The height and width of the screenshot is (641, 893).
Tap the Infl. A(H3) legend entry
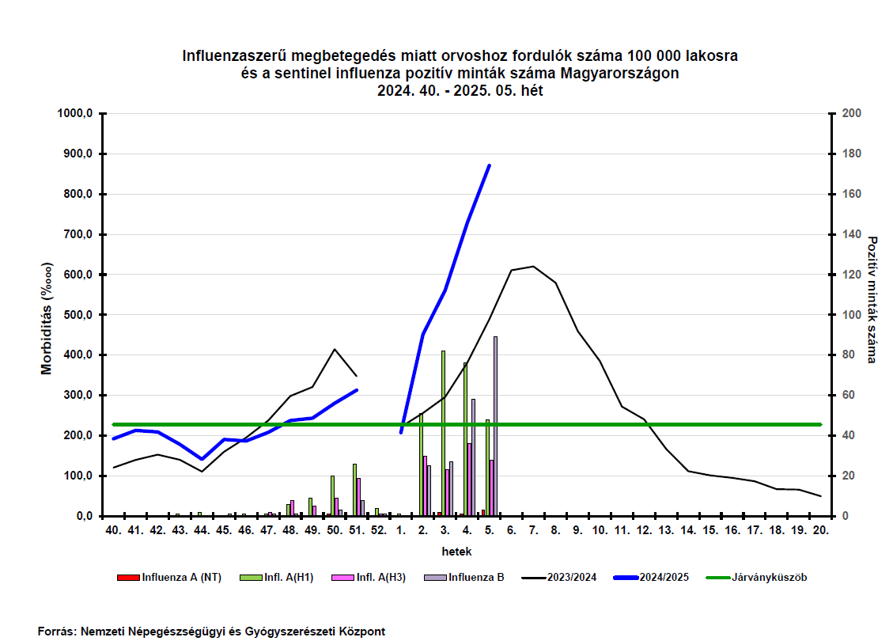pos(380,577)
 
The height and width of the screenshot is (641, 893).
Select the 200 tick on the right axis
pos(851,113)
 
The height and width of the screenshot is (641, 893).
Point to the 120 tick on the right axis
pos(851,275)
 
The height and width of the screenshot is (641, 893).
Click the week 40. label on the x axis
pos(113,531)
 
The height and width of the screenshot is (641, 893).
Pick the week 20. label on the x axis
pos(821,531)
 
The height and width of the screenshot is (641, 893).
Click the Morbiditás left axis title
pos(47,317)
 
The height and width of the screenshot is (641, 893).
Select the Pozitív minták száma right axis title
pos(872,299)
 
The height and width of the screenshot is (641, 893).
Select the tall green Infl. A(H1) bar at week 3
pos(443,433)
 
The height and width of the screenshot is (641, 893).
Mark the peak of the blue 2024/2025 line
pos(490,165)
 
